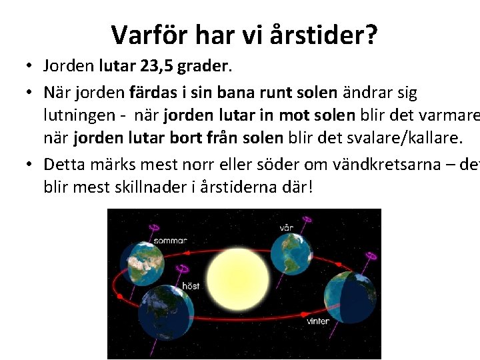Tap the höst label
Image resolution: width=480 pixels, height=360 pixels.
190,286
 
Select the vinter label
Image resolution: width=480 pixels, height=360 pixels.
317,321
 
